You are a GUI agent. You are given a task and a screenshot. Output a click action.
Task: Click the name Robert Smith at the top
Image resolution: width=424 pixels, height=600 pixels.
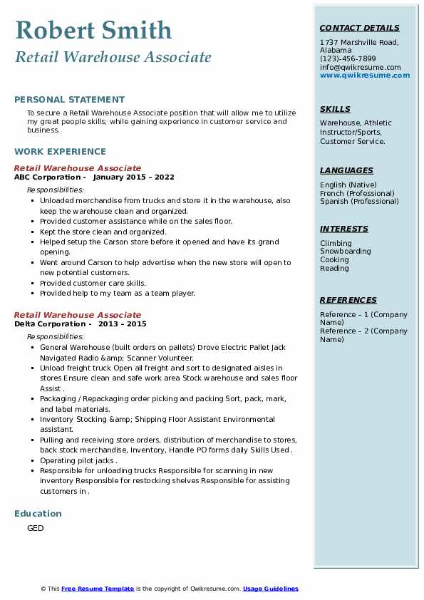click(93, 30)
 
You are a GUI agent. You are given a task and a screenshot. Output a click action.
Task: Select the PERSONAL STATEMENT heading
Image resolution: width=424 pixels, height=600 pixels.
click(69, 100)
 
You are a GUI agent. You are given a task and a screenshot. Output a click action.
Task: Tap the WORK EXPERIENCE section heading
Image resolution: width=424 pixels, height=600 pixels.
click(60, 152)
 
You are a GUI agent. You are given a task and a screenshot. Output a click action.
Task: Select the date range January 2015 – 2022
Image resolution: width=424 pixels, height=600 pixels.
click(133, 177)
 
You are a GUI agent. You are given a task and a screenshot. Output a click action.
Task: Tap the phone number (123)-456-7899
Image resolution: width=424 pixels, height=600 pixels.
click(348, 59)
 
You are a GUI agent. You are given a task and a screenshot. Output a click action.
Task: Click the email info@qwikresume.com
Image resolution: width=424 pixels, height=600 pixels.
click(360, 67)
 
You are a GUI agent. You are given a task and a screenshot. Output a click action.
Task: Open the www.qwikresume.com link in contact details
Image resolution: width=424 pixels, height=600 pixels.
click(365, 75)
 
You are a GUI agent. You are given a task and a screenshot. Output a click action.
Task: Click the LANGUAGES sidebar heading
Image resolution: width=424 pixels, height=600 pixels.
click(346, 171)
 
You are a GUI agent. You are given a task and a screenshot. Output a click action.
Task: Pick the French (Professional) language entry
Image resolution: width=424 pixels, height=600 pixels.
click(357, 193)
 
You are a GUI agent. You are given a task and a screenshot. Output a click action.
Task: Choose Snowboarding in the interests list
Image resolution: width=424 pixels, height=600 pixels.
click(345, 252)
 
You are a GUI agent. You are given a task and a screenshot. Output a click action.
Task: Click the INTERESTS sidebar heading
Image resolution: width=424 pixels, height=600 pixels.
click(344, 229)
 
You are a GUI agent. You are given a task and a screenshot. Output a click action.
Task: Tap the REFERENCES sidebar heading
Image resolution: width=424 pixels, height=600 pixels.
click(348, 301)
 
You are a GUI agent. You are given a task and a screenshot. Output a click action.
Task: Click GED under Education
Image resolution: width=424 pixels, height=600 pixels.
click(35, 528)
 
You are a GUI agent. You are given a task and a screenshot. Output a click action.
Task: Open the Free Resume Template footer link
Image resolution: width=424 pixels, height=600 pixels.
click(98, 589)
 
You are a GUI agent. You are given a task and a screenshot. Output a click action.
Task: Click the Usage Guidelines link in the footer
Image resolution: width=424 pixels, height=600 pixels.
click(270, 589)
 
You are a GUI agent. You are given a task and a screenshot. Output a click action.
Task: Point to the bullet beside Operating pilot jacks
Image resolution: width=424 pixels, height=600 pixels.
click(33, 461)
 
